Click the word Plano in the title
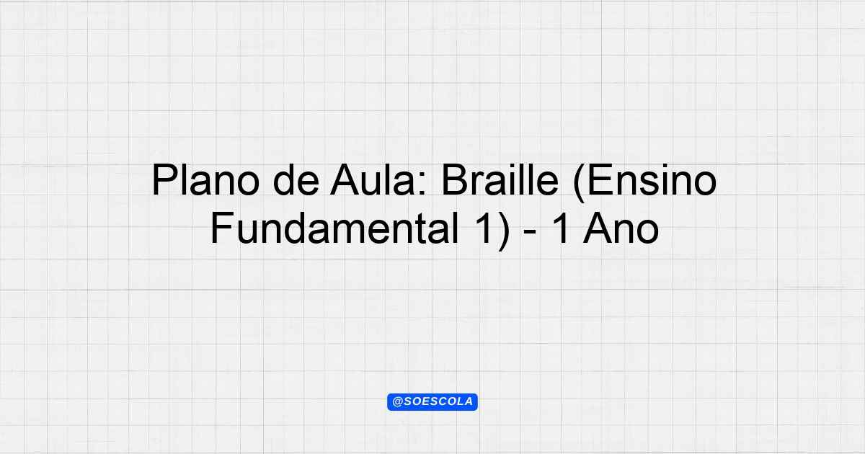pos(205,181)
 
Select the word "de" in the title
pos(296,181)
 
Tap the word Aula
pos(373,181)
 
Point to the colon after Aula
pos(422,185)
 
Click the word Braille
pos(500,181)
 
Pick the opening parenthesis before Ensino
pos(579,184)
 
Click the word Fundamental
pos(334,228)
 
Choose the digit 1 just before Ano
pos(561,228)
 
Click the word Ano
pos(621,228)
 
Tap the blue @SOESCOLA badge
pos(432,402)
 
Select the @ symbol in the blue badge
pos(398,402)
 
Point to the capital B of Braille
pos(455,180)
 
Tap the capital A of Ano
pos(598,228)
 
